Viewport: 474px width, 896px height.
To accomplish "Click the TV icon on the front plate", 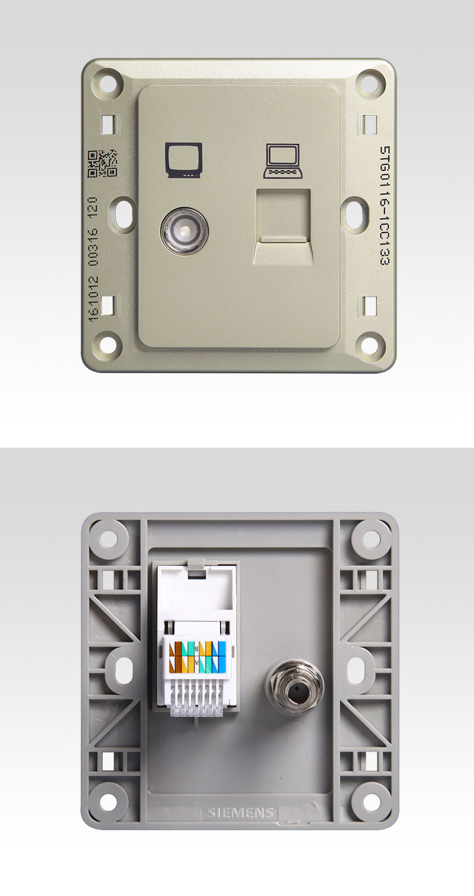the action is point(184,159).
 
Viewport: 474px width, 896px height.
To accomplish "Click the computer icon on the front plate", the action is point(282,161).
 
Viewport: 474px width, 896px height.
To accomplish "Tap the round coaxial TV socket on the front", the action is point(185,231).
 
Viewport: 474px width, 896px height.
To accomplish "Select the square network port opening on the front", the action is point(283,227).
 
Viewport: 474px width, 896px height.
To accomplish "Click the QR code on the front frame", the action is point(103,163).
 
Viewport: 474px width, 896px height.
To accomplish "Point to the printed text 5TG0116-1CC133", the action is point(385,206).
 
